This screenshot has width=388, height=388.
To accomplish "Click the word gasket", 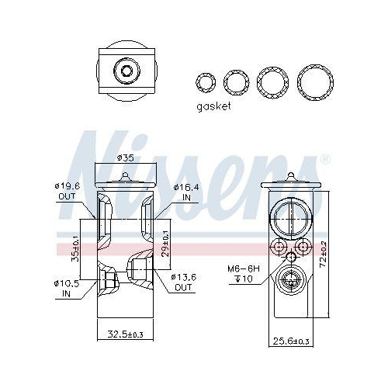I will tap(214, 106).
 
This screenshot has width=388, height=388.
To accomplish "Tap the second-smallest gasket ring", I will tap(236, 81).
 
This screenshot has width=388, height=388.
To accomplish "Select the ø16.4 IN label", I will tap(185, 192).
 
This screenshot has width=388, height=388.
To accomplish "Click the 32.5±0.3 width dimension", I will tap(124, 334).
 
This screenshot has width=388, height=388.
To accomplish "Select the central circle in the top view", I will tap(126, 71).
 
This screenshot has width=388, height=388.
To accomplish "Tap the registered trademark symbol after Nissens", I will tap(324, 161).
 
